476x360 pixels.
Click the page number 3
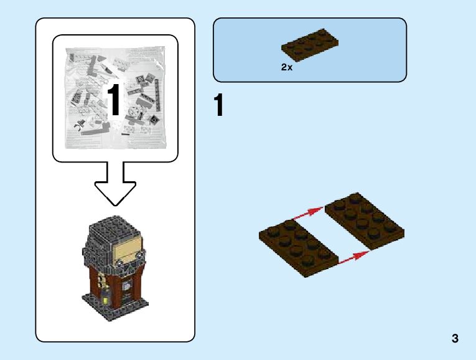click(455, 339)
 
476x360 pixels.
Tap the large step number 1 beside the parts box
click(218, 106)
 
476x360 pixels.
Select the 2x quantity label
click(286, 67)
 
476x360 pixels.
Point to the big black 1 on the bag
click(114, 99)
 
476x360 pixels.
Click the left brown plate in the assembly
click(298, 247)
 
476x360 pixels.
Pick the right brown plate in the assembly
click(364, 222)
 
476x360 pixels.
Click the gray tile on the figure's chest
click(127, 286)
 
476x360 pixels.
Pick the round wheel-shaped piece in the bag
click(134, 113)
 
